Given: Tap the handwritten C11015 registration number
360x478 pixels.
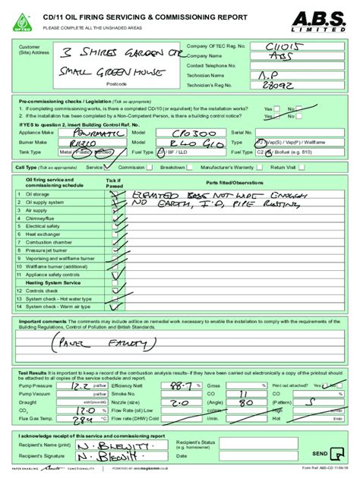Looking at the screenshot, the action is tap(264, 47).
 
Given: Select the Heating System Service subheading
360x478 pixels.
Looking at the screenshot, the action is tap(53, 282).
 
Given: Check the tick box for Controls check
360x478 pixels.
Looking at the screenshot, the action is tap(114, 291).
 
